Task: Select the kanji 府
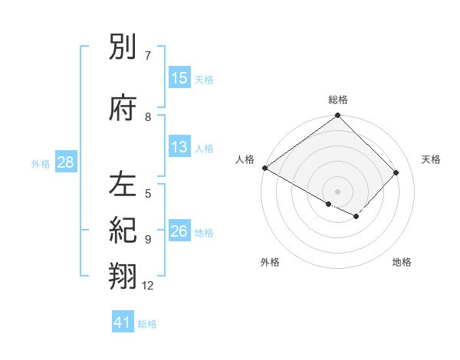tap(123, 109)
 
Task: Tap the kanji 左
tap(123, 185)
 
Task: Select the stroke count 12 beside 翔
tap(148, 286)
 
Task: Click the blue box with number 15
tap(179, 78)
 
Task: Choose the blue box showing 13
tap(179, 148)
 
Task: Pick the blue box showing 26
tap(179, 232)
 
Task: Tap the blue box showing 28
tap(66, 163)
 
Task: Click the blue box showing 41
tap(123, 322)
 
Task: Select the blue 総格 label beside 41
tap(147, 324)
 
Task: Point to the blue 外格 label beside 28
tap(41, 164)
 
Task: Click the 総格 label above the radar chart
tap(338, 100)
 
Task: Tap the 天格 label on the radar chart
tap(431, 159)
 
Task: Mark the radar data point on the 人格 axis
tap(265, 168)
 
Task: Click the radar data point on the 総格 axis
tap(338, 116)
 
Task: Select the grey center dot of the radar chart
tap(338, 191)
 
